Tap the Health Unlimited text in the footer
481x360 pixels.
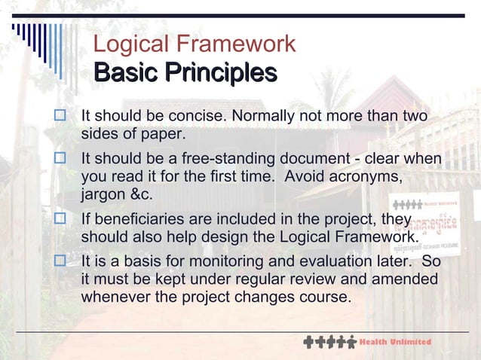point(395,342)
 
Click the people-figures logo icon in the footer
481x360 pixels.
point(329,342)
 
